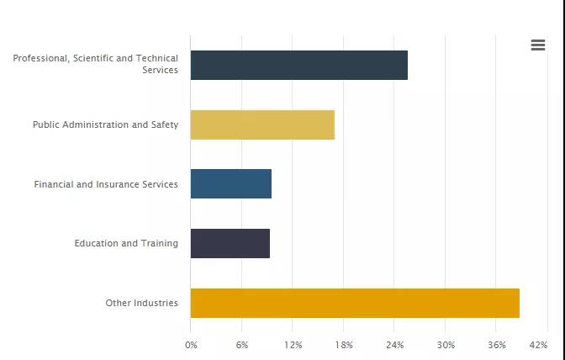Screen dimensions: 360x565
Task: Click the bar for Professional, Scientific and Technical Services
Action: coord(298,65)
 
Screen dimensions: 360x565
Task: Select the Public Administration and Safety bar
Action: coord(262,124)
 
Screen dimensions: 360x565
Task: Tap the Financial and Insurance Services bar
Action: coord(230,184)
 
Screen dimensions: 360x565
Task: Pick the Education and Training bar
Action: coord(230,243)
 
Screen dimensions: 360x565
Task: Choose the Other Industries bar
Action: coord(355,303)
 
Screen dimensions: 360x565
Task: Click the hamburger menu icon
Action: coord(538,45)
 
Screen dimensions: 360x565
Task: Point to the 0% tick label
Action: coord(191,345)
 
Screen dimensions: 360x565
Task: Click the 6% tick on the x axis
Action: coord(242,345)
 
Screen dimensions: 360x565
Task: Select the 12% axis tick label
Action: coord(293,345)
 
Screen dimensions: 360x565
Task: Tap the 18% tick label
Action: coord(344,345)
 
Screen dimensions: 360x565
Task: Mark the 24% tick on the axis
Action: coord(395,345)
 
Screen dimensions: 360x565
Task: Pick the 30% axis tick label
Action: coord(446,345)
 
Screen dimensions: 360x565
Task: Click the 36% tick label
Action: coord(497,345)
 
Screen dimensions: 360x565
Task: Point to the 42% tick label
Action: coord(539,345)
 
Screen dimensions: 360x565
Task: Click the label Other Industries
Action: coord(141,303)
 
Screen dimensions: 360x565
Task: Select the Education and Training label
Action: coord(126,243)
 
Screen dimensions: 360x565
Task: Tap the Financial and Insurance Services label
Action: coord(106,184)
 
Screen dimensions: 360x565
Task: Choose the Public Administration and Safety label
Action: coord(105,124)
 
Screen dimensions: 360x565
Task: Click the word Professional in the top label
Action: coord(40,58)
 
